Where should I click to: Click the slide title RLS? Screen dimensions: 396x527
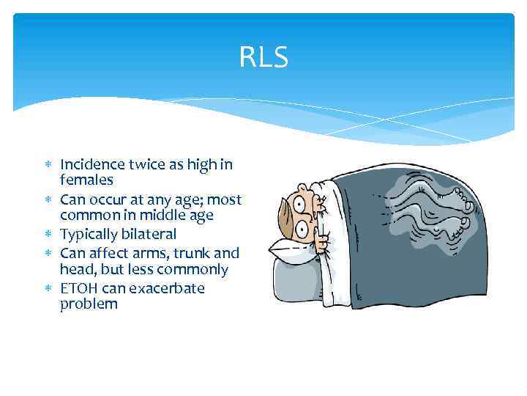(263, 57)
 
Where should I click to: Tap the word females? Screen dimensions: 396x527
(87, 179)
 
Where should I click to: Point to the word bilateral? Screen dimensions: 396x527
(150, 234)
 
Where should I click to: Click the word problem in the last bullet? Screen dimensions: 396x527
(89, 303)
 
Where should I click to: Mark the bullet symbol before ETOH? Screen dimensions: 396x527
(51, 288)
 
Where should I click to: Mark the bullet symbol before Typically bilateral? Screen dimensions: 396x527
(51, 234)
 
